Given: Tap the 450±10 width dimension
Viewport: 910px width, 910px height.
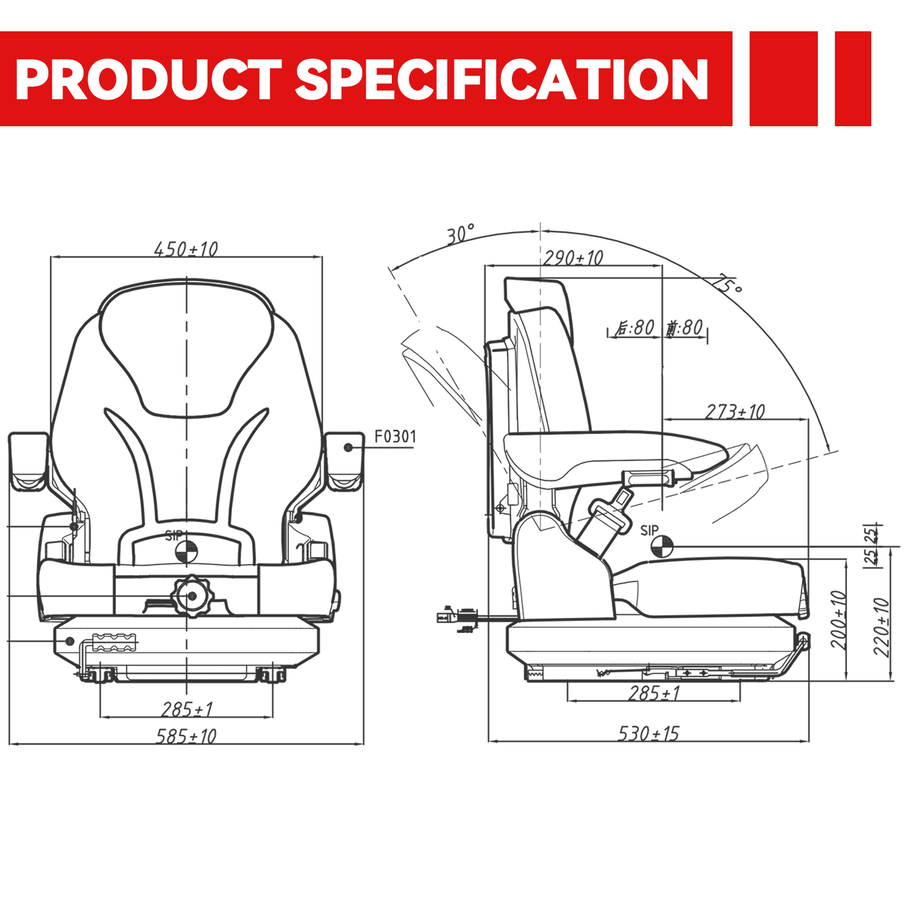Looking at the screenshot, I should tap(186, 249).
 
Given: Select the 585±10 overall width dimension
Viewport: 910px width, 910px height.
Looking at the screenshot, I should tap(186, 737).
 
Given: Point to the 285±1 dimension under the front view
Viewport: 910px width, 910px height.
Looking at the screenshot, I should tap(187, 709).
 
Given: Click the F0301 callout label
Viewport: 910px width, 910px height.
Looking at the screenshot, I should tap(395, 437).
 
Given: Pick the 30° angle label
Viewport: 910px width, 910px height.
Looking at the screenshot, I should tap(460, 234).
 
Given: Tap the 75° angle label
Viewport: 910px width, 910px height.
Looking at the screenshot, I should tap(728, 283).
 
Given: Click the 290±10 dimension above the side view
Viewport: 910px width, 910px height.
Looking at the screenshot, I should tap(573, 258).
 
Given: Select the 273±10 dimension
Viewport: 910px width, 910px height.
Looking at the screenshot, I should tap(735, 411).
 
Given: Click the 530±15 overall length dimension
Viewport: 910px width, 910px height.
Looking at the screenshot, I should tap(648, 734).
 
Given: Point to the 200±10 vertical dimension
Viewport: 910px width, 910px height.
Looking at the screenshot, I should tap(838, 620).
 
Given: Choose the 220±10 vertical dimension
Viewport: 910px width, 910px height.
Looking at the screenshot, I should tap(881, 627).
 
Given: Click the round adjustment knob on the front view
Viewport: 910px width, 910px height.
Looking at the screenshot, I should tap(192, 596).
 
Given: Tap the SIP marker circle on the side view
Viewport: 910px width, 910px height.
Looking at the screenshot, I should tap(662, 547).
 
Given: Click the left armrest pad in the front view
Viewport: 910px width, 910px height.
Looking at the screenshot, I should tap(28, 461).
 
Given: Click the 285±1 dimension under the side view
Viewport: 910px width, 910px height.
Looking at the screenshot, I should tap(654, 693).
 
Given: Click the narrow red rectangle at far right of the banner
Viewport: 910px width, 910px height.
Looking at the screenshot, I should tap(853, 78).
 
